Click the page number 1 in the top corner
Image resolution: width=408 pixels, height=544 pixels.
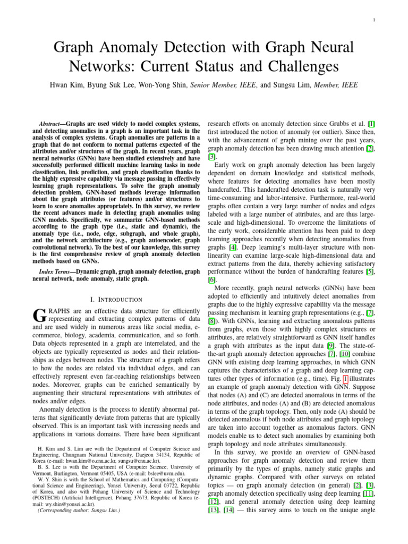point(375,21)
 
